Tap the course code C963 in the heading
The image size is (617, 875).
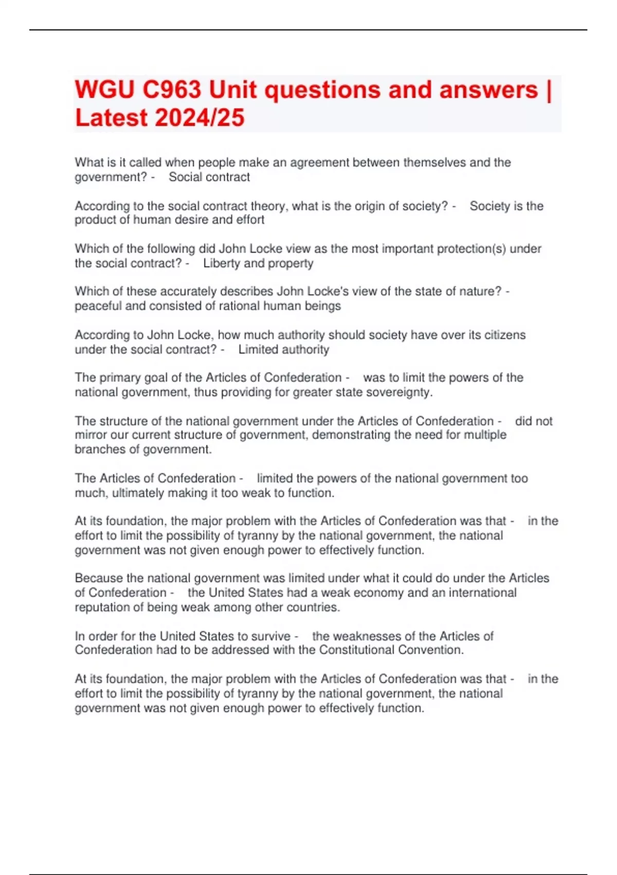[x=172, y=90]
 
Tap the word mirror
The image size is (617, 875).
[x=90, y=435]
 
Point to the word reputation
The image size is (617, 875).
[x=103, y=607]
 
